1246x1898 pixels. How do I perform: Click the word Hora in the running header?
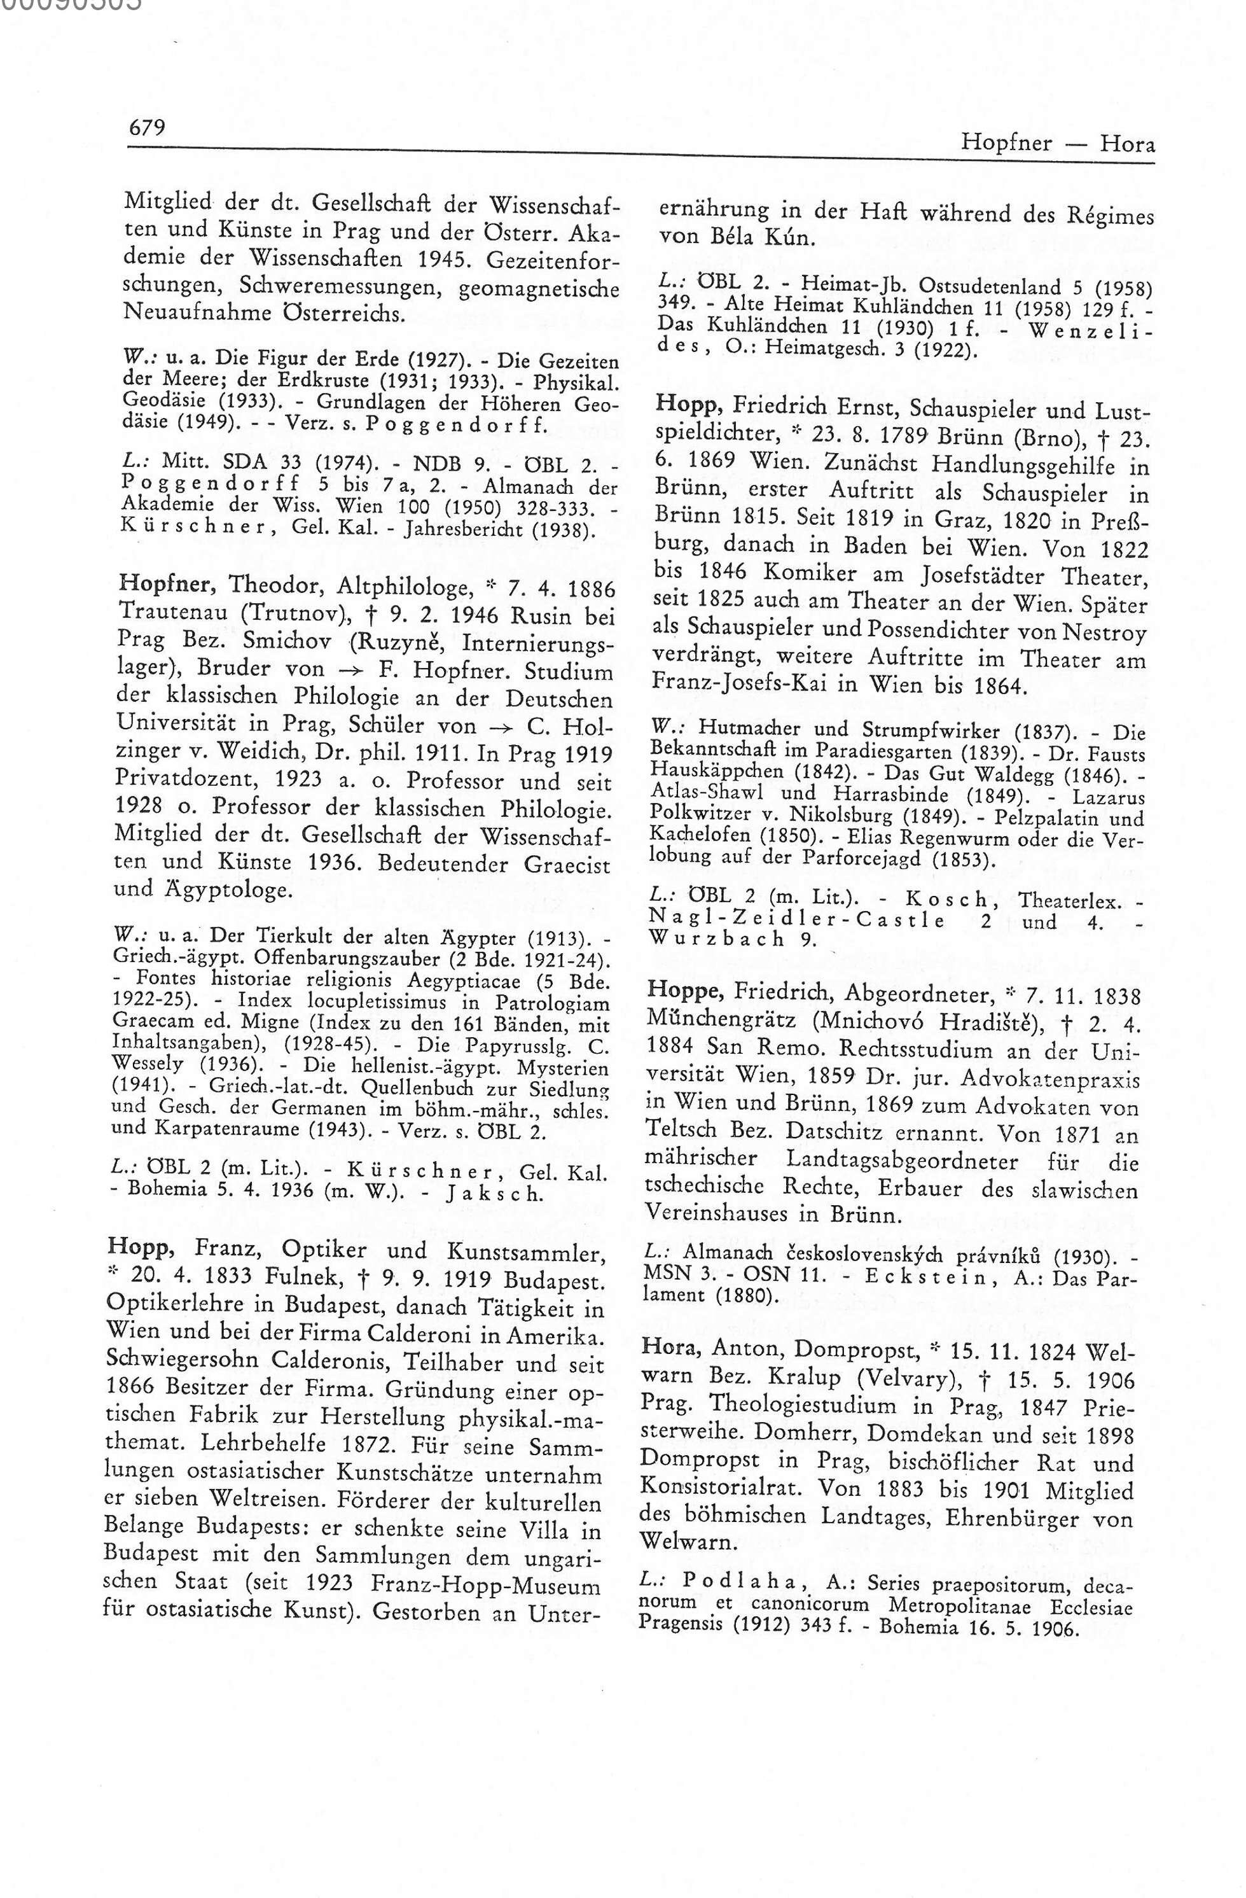(1127, 144)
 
